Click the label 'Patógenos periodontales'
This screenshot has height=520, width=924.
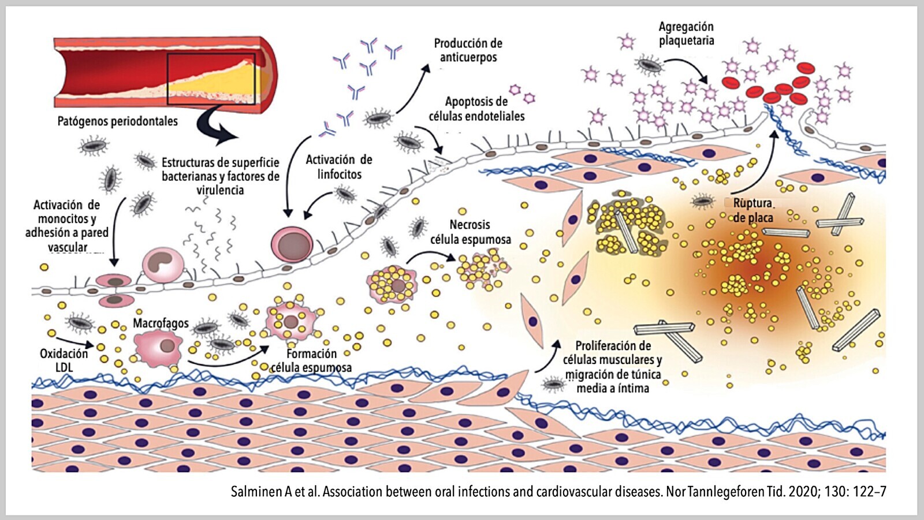117,121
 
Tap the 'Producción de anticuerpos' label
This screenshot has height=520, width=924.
468,50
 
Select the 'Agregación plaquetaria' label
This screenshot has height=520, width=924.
686,34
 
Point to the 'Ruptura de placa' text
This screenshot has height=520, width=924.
752,210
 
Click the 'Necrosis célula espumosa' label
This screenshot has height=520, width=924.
470,232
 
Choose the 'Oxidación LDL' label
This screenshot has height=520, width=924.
64,360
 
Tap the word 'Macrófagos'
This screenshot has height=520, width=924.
161,323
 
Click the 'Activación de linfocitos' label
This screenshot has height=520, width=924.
339,167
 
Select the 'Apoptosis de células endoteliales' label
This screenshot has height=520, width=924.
476,109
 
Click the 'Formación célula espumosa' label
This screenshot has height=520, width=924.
311,361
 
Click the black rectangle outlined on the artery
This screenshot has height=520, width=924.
211,79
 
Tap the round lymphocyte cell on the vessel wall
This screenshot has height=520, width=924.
292,243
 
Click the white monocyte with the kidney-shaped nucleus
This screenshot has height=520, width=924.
163,265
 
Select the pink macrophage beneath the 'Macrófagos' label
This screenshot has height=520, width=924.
158,347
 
